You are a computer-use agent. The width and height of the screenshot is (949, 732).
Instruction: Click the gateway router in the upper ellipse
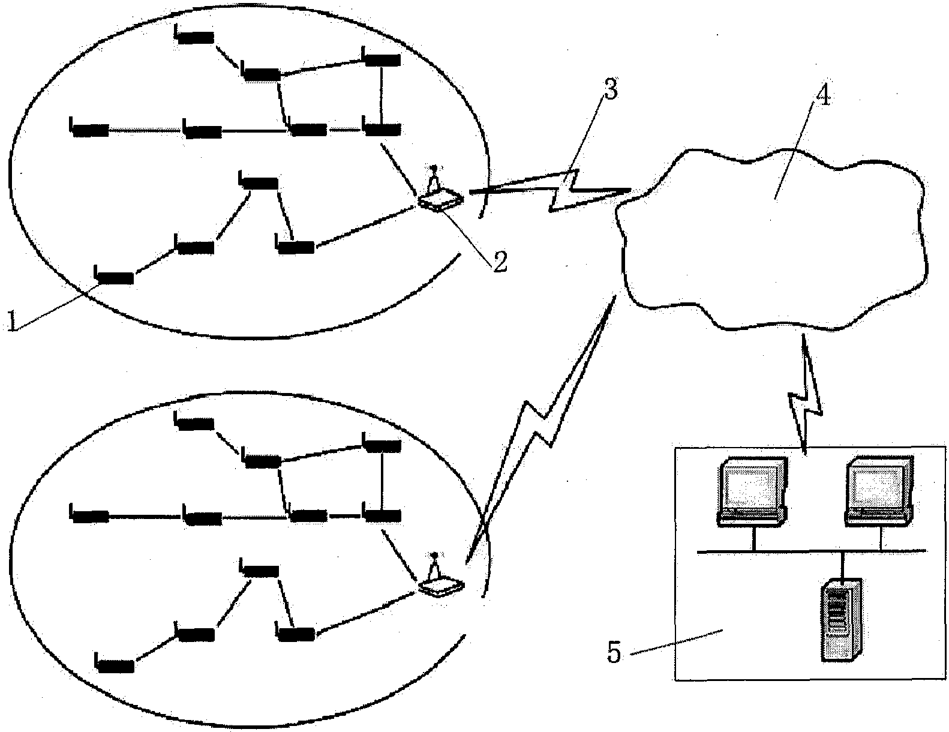pyautogui.click(x=440, y=195)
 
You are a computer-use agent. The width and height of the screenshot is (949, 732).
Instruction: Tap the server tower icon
pyautogui.click(x=842, y=619)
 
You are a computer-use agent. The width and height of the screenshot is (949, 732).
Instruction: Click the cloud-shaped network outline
pyautogui.click(x=774, y=240)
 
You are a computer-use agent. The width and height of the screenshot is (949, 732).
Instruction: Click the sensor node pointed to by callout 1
pyautogui.click(x=114, y=277)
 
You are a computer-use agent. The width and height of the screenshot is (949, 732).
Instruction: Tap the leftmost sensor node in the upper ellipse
pyautogui.click(x=89, y=129)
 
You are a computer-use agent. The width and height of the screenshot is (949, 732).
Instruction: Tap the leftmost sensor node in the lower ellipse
pyautogui.click(x=89, y=515)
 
